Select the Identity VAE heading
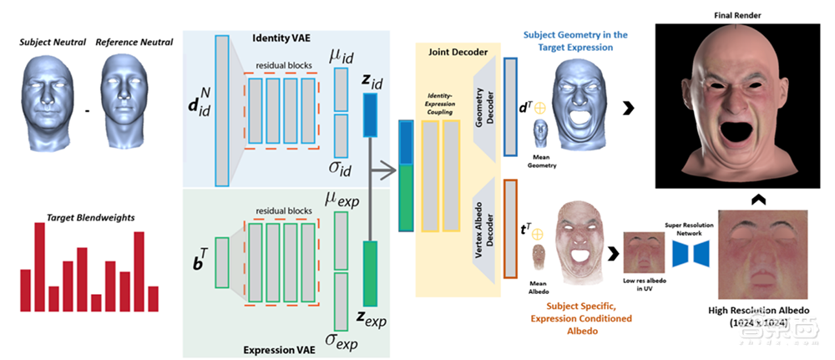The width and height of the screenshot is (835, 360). tap(285, 39)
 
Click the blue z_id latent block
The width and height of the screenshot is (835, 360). tap(371, 115)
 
